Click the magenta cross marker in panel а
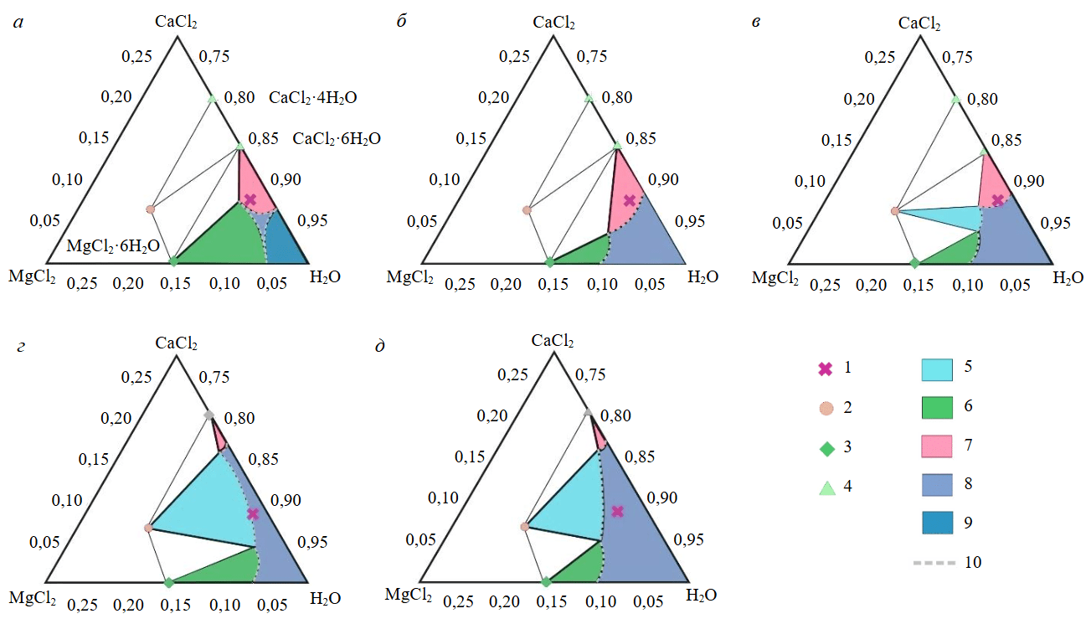pyautogui.click(x=250, y=199)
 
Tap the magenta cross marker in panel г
pyautogui.click(x=253, y=514)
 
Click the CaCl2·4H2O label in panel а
pyautogui.click(x=312, y=98)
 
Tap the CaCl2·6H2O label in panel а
pyautogui.click(x=336, y=139)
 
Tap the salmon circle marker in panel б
pyautogui.click(x=527, y=210)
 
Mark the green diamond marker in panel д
pyautogui.click(x=546, y=581)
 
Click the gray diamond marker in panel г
pyautogui.click(x=208, y=415)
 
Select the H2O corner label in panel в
pyautogui.click(x=1068, y=277)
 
